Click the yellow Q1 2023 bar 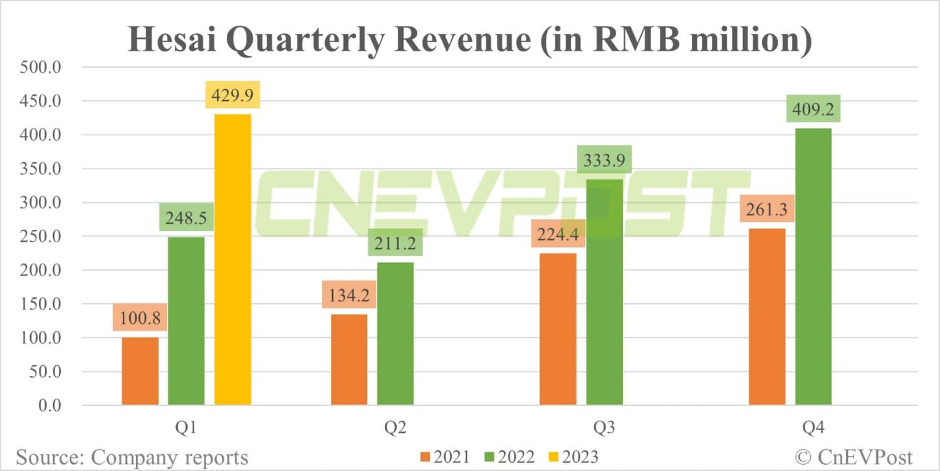click(x=232, y=259)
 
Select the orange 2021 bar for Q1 click(x=140, y=371)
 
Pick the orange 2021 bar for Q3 click(x=558, y=329)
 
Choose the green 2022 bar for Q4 click(x=813, y=266)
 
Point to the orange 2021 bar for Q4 click(x=767, y=316)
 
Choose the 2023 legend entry click(x=574, y=457)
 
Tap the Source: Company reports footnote click(x=132, y=457)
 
